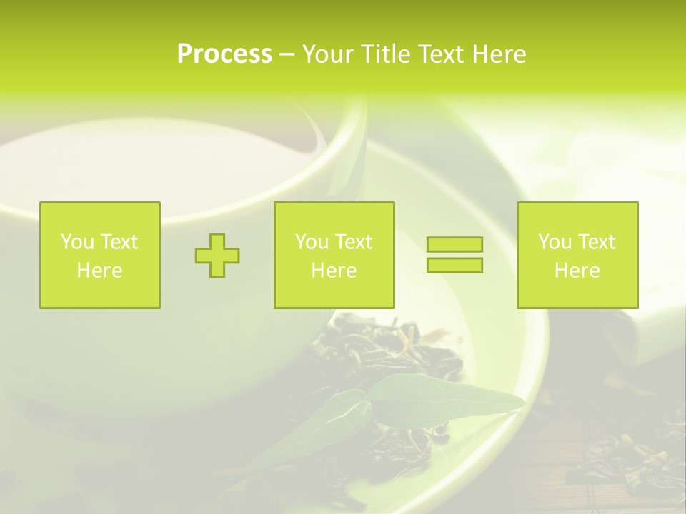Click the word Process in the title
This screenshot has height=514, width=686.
tap(224, 54)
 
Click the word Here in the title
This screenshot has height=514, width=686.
tap(499, 54)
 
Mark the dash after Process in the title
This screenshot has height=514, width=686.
tap(287, 55)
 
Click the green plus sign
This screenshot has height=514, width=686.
tap(217, 256)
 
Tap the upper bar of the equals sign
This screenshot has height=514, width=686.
tap(454, 245)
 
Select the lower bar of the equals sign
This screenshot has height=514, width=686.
tap(454, 265)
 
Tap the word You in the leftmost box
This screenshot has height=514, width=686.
tap(77, 242)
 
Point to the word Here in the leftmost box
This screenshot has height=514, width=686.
tap(99, 271)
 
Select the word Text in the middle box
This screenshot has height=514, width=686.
tap(354, 242)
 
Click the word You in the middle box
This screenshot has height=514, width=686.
tap(312, 242)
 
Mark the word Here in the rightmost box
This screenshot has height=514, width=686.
tap(577, 271)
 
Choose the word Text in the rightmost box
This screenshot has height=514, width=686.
tap(597, 242)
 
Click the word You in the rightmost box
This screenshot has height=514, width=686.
tap(555, 242)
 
